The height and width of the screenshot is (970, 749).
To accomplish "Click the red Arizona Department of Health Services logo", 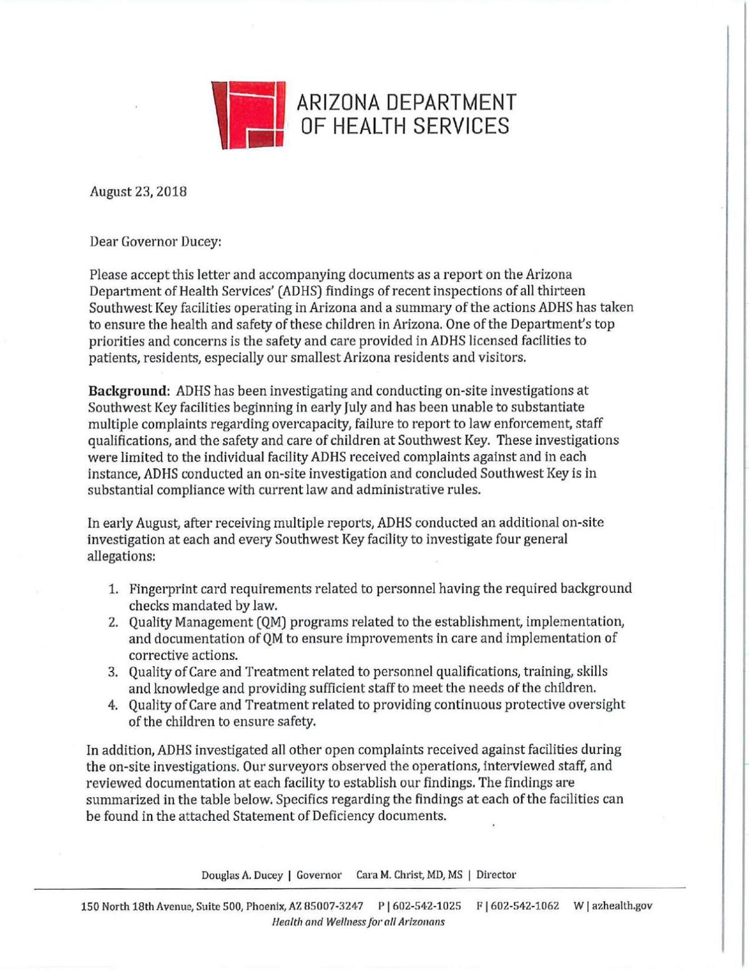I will tap(248, 115).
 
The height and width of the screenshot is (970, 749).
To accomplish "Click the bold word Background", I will tap(129, 391).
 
